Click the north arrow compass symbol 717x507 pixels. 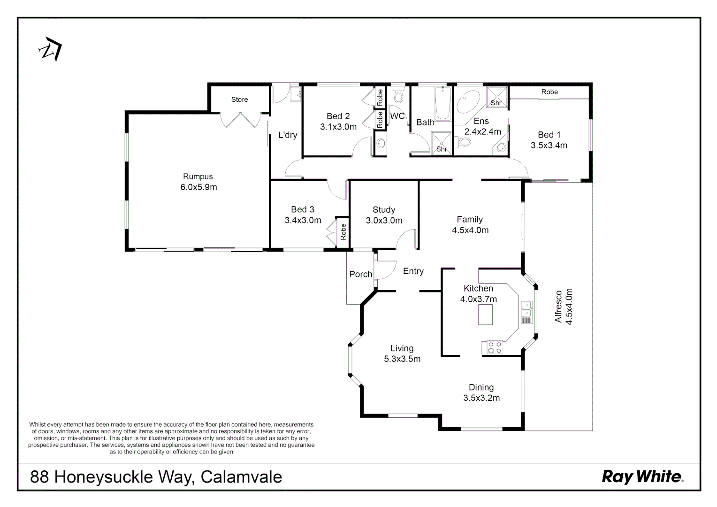[50, 49]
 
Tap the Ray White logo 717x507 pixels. [642, 477]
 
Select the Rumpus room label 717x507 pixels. [198, 177]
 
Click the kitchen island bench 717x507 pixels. [486, 315]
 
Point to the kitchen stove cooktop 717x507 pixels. [492, 347]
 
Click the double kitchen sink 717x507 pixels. [526, 310]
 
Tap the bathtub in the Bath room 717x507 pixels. [442, 103]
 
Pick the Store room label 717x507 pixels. [239, 100]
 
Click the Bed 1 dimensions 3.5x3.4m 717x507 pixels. [549, 146]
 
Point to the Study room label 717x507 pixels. [384, 210]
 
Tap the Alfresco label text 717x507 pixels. [558, 306]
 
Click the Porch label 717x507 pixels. [360, 274]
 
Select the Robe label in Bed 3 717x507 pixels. [343, 231]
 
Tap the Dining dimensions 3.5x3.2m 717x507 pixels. [481, 398]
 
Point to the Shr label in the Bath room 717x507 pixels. [442, 149]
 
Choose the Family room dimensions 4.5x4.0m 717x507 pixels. [470, 230]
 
